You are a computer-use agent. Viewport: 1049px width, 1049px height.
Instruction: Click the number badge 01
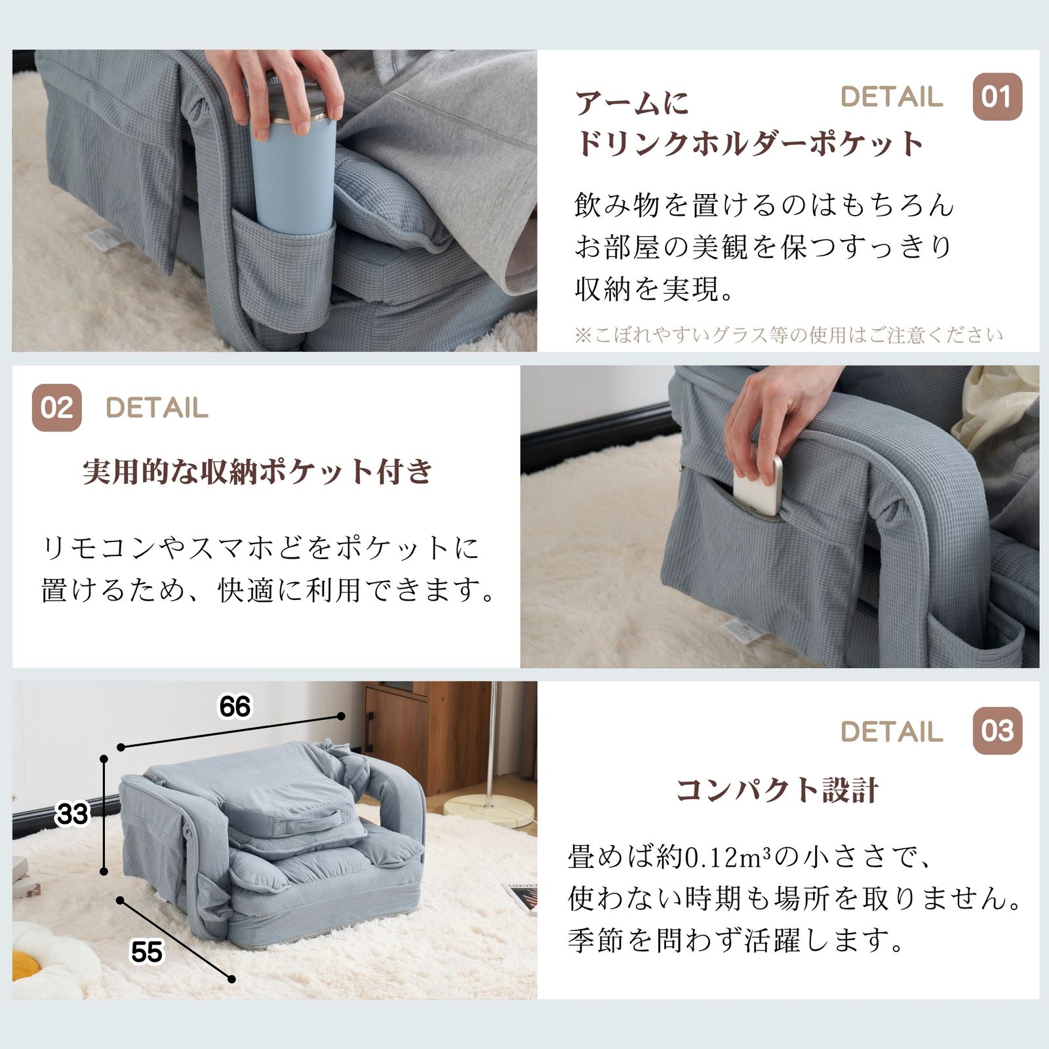click(x=997, y=97)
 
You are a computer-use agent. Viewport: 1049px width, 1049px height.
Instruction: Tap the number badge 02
click(x=57, y=408)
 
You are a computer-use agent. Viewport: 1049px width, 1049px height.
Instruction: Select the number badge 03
click(x=997, y=730)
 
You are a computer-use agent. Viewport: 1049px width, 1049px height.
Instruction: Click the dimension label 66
click(x=235, y=707)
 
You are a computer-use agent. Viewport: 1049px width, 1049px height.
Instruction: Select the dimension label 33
click(x=72, y=814)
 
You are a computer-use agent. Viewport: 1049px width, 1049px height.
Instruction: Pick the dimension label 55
click(x=146, y=952)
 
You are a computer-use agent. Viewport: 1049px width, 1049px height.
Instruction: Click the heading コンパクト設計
click(x=777, y=791)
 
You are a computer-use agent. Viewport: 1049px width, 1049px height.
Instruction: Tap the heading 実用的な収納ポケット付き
click(x=258, y=472)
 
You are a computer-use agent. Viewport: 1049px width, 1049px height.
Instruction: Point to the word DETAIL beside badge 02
click(x=157, y=408)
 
